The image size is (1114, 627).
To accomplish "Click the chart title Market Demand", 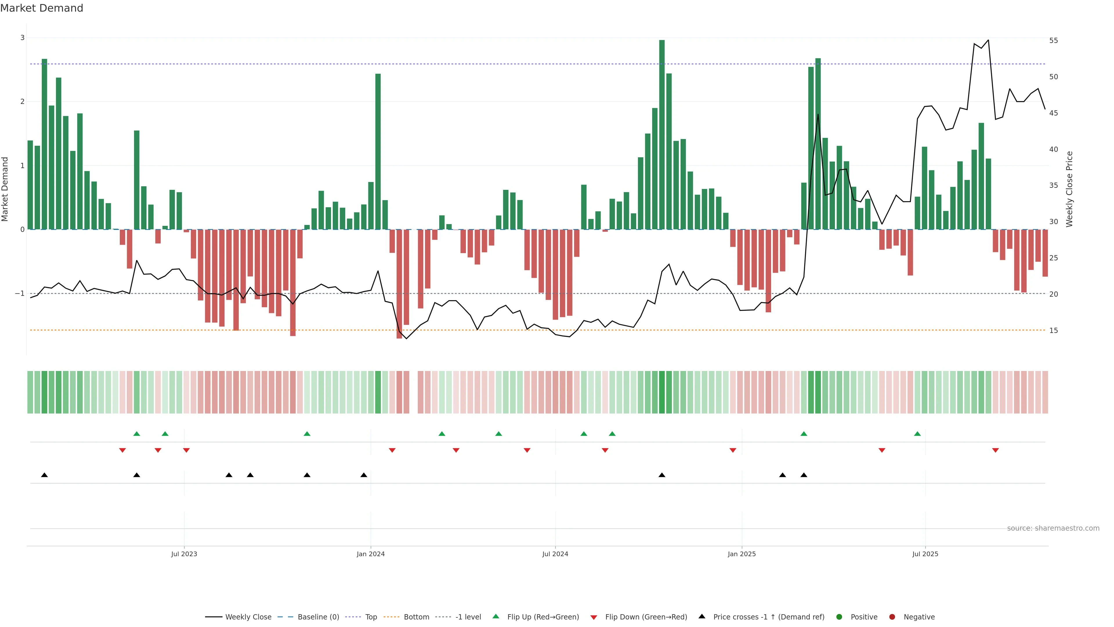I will click(41, 8).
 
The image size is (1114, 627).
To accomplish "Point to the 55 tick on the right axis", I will click(1053, 41).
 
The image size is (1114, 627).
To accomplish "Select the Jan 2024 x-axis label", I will click(371, 554).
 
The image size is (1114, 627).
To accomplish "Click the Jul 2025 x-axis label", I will click(925, 554).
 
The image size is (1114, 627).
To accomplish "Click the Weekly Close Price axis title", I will click(1069, 189).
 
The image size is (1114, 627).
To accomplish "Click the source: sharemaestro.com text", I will click(1053, 528).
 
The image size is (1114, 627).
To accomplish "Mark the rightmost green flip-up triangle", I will click(917, 434).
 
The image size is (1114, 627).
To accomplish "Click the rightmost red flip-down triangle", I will click(995, 451).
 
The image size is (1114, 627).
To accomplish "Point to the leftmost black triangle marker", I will click(44, 475).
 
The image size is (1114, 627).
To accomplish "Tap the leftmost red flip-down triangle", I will click(122, 451).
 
